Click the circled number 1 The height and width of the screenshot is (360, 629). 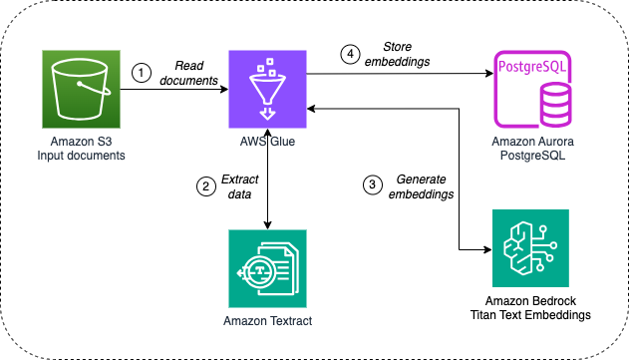(142, 72)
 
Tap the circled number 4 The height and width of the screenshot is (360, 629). (349, 55)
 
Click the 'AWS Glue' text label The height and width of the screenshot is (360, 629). (268, 141)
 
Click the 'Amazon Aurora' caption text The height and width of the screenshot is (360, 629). (538, 142)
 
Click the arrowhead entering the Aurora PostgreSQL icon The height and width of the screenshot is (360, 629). (492, 74)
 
